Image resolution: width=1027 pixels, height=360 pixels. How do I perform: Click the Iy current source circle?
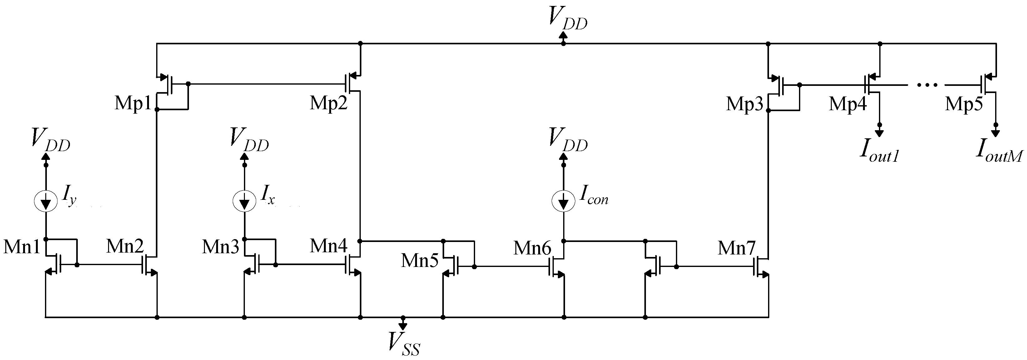[46, 201]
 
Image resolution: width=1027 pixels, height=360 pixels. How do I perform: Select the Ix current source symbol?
[244, 201]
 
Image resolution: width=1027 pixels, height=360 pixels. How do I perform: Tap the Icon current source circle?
[563, 201]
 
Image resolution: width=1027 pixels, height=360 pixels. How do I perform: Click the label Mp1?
[133, 104]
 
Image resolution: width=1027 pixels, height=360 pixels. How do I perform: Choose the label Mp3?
[744, 105]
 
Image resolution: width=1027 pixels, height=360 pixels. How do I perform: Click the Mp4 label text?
[848, 105]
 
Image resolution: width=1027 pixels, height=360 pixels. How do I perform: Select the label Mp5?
[964, 105]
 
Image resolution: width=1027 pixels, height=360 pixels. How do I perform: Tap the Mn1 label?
[22, 247]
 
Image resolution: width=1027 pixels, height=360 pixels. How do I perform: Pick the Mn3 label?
[221, 247]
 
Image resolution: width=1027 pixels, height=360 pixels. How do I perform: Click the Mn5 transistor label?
[419, 261]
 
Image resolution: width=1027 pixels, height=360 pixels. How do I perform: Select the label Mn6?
[532, 248]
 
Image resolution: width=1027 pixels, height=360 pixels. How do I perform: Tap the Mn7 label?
[737, 248]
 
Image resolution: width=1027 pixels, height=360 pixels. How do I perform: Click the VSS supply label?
[404, 344]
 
